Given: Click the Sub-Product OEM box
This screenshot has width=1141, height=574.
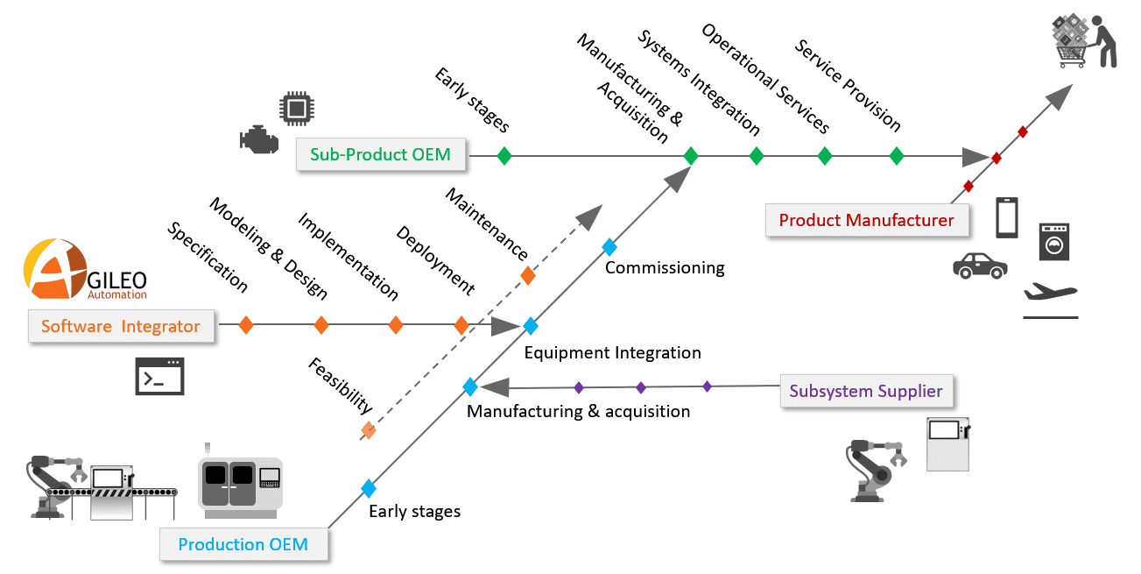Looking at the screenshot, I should pos(380,155).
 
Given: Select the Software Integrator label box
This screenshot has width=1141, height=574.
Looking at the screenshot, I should pos(121,327).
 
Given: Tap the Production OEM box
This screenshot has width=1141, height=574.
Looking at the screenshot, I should pos(243,544).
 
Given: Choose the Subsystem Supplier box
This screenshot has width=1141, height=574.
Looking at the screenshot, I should pos(865,391).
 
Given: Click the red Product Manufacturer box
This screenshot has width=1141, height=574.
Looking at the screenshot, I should pos(866,220).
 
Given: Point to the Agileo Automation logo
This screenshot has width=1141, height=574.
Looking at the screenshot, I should pos(85,271).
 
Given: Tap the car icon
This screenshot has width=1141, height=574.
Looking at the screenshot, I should pos(979,266).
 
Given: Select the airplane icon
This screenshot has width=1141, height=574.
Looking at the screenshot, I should pos(1050,294).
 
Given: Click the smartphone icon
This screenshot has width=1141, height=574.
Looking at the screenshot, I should pos(1007,217).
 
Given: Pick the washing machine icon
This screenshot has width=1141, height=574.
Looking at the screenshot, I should pos(1054,241).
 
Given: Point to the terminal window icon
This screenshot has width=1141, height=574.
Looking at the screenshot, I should pos(159,375).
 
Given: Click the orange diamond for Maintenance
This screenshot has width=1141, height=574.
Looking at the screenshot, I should pos(528,275).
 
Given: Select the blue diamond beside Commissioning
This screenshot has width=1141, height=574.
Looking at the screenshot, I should pos(609,246).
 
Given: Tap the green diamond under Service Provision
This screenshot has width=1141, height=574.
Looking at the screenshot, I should pos(896,156).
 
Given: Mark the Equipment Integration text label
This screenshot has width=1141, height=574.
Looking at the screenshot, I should pos(612,353).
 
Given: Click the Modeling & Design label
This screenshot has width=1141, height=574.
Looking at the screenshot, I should pos(268,249).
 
